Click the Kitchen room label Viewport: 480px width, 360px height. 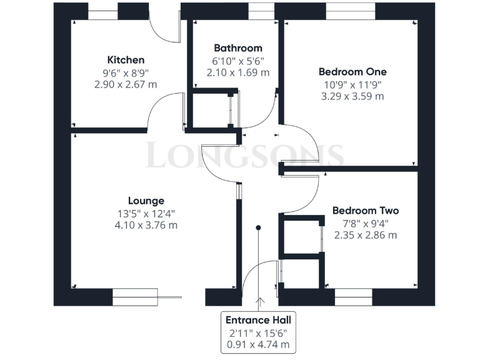click(126, 60)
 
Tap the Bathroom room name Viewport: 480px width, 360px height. click(237, 48)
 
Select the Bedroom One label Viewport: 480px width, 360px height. click(352, 72)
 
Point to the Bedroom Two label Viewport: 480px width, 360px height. click(365, 211)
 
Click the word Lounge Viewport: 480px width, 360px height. click(146, 201)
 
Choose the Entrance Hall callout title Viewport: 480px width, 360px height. click(258, 320)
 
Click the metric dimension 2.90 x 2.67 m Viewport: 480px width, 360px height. click(126, 84)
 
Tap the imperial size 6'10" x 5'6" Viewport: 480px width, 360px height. click(237, 61)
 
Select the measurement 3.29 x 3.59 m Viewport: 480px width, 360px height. click(352, 96)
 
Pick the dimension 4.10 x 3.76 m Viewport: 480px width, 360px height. click(146, 225)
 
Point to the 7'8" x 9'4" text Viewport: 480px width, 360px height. click(365, 223)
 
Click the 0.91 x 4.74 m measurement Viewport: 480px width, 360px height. click(258, 344)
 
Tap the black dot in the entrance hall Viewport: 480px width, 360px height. click(258, 228)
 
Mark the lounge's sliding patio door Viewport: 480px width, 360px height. click(144, 296)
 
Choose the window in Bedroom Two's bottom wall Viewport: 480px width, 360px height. click(353, 297)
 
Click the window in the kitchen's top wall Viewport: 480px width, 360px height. click(102, 11)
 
